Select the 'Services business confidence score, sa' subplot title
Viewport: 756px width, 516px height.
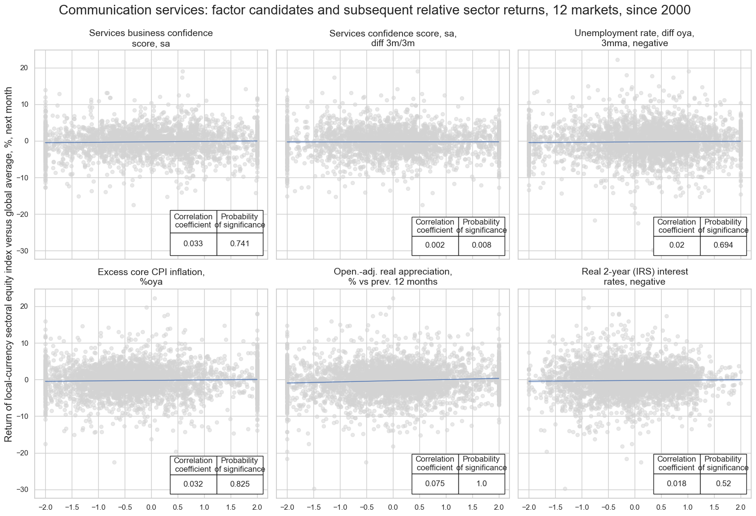click(151, 38)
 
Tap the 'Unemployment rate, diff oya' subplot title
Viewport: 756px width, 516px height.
click(634, 38)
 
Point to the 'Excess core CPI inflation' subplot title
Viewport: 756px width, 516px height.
click(151, 277)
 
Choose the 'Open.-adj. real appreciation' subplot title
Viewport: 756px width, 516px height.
click(392, 277)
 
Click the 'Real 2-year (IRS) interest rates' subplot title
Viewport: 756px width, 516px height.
click(634, 277)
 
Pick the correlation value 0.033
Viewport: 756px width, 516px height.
click(193, 244)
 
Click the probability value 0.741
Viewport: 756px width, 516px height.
click(239, 244)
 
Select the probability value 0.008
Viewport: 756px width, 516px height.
click(481, 245)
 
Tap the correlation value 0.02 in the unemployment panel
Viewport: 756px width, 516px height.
click(676, 245)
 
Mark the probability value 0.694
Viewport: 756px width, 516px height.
click(723, 245)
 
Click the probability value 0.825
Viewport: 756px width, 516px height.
click(239, 484)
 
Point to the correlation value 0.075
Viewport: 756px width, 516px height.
click(435, 484)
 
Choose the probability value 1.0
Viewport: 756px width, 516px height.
click(481, 484)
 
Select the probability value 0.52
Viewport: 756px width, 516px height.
click(723, 484)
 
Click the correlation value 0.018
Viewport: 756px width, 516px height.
click(676, 484)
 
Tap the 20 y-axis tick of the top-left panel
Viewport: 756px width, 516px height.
click(24, 68)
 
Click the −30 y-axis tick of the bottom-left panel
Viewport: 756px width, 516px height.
click(22, 490)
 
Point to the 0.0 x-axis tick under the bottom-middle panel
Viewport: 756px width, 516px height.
click(393, 507)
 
